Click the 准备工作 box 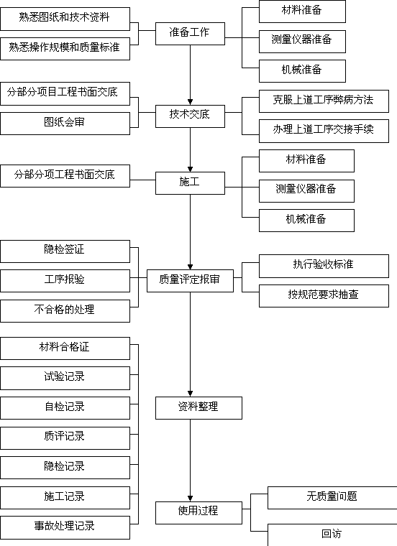(x=190, y=34)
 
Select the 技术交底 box (x=190, y=116)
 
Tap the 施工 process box (x=190, y=183)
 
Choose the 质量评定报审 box (x=190, y=281)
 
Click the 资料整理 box (x=198, y=408)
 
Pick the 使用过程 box (x=198, y=512)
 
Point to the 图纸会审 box (x=65, y=124)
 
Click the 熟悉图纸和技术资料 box (x=65, y=19)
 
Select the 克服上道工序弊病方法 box (x=324, y=101)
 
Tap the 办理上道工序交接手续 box (x=324, y=131)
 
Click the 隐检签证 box (x=65, y=251)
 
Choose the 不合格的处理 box (x=65, y=311)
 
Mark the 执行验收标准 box (x=324, y=266)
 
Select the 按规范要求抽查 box (x=324, y=296)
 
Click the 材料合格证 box (x=65, y=348)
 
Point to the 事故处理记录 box (x=65, y=527)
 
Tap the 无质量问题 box (x=332, y=498)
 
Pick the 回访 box (x=332, y=535)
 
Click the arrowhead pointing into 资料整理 (x=191, y=394)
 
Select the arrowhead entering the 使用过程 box (x=191, y=499)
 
